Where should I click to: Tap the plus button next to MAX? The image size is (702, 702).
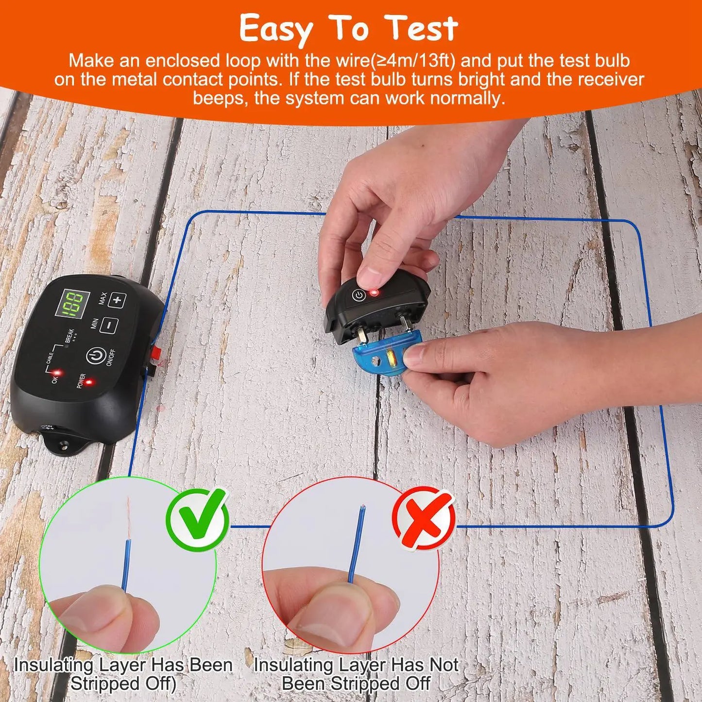(117, 300)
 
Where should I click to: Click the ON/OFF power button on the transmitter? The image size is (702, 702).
(96, 357)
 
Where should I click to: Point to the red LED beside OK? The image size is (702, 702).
(57, 373)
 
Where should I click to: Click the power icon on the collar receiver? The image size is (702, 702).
(358, 295)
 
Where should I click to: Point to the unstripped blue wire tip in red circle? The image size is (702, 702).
(360, 510)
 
